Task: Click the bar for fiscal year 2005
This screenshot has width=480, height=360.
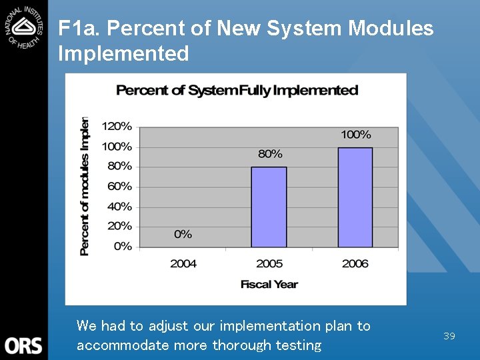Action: pyautogui.click(x=269, y=207)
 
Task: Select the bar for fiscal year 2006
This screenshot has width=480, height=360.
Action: pyautogui.click(x=355, y=197)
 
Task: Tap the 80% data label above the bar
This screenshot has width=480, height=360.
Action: pyautogui.click(x=270, y=154)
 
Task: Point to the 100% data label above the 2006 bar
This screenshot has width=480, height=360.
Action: pyautogui.click(x=355, y=135)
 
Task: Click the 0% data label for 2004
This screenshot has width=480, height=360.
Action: pyautogui.click(x=183, y=234)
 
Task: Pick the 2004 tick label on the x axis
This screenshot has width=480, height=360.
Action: pyautogui.click(x=183, y=263)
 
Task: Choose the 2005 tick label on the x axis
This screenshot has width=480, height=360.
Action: pyautogui.click(x=269, y=263)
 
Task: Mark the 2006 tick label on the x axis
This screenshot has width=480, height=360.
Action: pyautogui.click(x=355, y=263)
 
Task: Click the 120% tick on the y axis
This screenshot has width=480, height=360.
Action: pyautogui.click(x=117, y=126)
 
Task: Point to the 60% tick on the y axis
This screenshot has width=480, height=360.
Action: pyautogui.click(x=119, y=186)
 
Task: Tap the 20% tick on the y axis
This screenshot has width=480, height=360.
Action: pyautogui.click(x=119, y=226)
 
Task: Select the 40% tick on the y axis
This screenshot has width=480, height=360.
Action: pyautogui.click(x=119, y=207)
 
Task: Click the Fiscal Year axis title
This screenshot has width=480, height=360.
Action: pyautogui.click(x=269, y=284)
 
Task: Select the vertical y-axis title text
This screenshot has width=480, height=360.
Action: pyautogui.click(x=85, y=187)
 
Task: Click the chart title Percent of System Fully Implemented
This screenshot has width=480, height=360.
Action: pyautogui.click(x=237, y=90)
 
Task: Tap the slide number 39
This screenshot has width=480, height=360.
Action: pyautogui.click(x=449, y=336)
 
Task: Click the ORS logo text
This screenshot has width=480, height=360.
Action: pyautogui.click(x=23, y=345)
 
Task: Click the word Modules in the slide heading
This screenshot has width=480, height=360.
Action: pyautogui.click(x=391, y=29)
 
